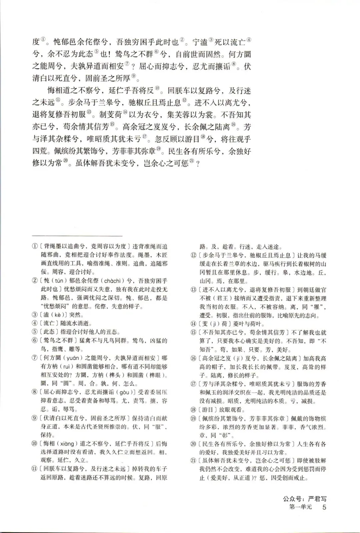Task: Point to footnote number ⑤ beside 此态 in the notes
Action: [35, 332]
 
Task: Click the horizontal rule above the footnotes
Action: [77, 235]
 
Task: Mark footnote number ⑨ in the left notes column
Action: [35, 418]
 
